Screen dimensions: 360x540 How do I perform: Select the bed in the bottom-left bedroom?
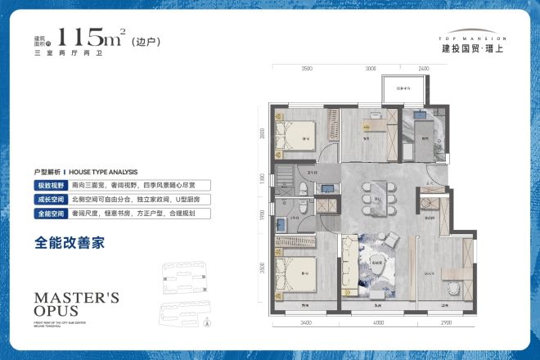point(295,274)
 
